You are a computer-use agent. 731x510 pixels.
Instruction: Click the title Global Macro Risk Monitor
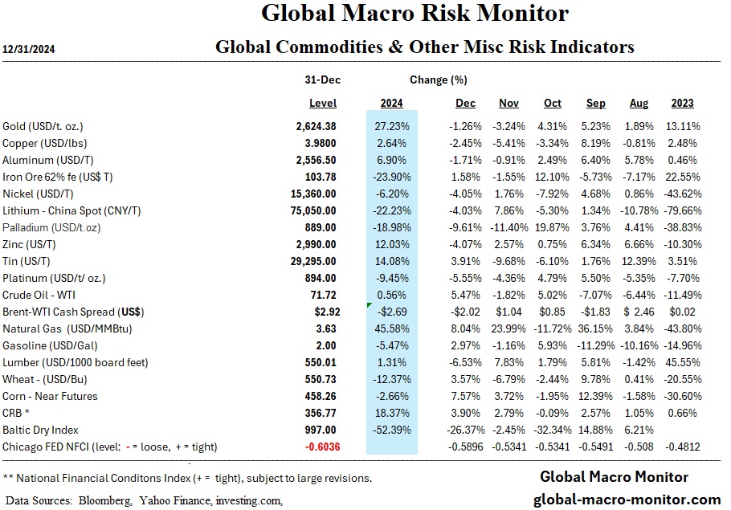(x=415, y=14)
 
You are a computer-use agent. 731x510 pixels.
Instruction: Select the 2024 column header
(x=390, y=104)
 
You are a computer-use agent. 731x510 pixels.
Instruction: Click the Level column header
(x=323, y=104)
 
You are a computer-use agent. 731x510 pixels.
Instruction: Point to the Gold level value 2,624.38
(x=316, y=126)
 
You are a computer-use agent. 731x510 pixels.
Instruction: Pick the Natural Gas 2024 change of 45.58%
(x=390, y=328)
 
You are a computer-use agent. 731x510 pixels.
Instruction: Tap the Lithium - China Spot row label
(x=72, y=210)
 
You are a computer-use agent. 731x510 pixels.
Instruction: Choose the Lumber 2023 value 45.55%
(x=683, y=362)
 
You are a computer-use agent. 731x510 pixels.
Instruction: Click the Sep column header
(x=595, y=104)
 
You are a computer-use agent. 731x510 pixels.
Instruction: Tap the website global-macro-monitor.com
(x=627, y=499)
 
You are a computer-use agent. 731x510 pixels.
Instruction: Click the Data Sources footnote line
(x=143, y=500)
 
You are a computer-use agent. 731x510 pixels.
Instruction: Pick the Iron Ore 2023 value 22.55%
(x=683, y=177)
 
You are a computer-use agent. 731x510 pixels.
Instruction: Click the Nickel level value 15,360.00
(x=314, y=194)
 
